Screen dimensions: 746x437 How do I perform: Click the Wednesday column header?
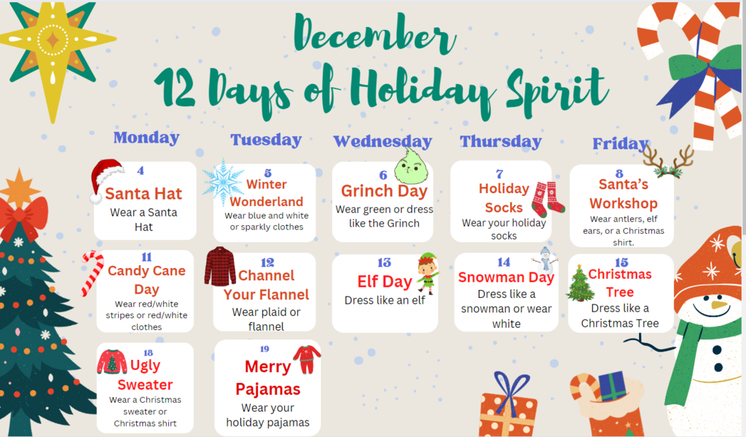(382, 141)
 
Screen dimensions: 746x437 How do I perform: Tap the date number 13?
(384, 262)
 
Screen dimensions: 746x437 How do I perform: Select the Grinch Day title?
(384, 191)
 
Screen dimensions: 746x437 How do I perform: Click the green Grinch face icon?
(411, 167)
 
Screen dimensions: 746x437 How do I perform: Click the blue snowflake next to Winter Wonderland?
(223, 183)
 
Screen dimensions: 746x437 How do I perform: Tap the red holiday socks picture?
(548, 200)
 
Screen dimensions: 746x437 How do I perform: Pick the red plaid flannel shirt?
(220, 267)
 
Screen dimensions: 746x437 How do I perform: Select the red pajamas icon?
(307, 360)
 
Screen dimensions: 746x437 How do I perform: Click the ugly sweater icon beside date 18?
(111, 362)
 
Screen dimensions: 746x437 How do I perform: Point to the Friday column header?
(621, 143)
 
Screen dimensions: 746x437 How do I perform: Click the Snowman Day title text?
(506, 277)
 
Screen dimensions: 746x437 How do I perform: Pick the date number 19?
(264, 349)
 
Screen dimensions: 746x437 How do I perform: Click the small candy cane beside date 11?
(93, 273)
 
